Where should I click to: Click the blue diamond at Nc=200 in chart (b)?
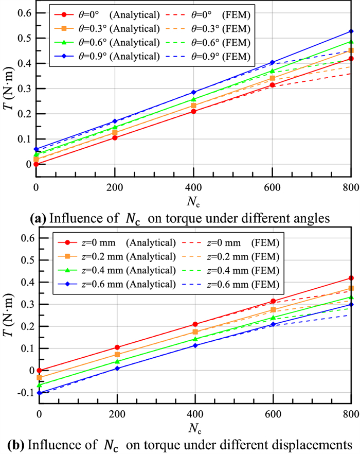pos(117,368)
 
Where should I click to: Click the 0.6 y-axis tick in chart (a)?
pos(24,12)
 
